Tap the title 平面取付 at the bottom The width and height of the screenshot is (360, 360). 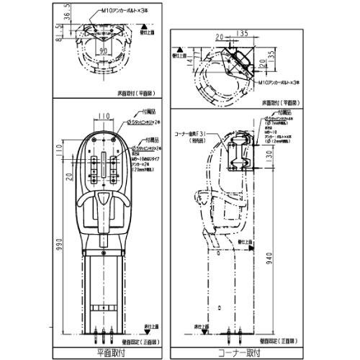pyautogui.click(x=108, y=353)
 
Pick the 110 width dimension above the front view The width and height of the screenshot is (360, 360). pyautogui.click(x=104, y=115)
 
